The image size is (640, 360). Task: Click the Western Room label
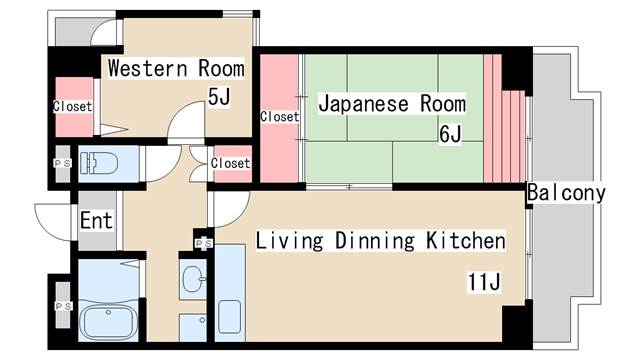[x=176, y=69]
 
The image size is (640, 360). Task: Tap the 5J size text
[x=218, y=97]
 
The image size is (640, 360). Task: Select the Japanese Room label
[x=392, y=102]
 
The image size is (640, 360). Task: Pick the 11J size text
[x=483, y=282]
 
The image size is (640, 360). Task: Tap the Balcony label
[x=566, y=193]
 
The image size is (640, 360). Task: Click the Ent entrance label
[x=96, y=221]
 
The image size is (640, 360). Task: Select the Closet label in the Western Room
[x=72, y=106]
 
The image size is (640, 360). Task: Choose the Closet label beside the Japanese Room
[x=279, y=117]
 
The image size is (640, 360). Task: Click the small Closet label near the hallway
[x=230, y=163]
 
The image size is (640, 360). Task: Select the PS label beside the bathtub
[x=61, y=306]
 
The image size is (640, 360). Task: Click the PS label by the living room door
[x=203, y=243]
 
